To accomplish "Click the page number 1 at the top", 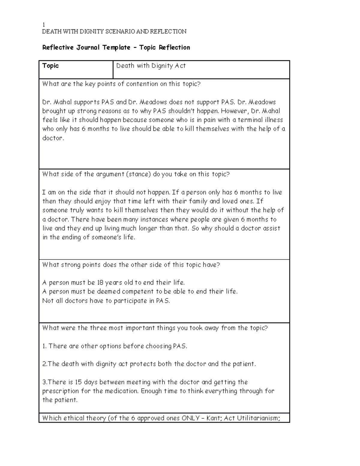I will point(43,25).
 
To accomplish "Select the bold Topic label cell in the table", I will point(50,66).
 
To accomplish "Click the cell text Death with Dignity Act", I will point(151,66).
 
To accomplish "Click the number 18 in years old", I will point(100,283).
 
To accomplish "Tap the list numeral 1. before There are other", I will point(44,346).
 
